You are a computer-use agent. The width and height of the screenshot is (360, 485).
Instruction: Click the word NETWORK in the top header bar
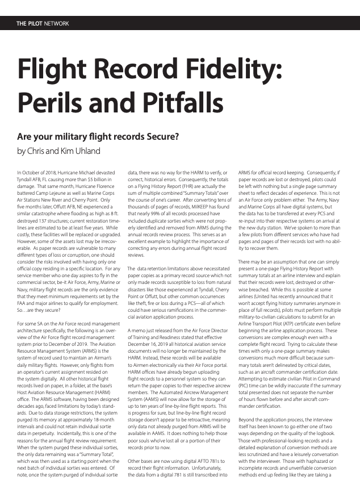click(56, 23)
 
